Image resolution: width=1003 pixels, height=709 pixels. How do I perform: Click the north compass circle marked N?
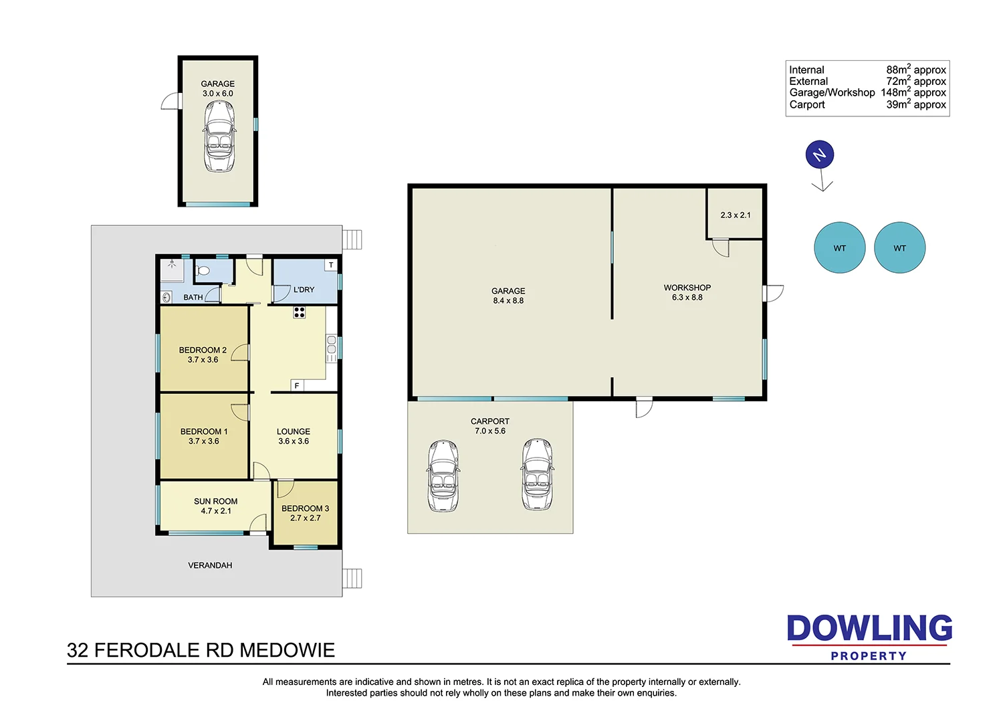[x=819, y=155]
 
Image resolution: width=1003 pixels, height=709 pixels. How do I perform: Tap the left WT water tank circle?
[x=840, y=247]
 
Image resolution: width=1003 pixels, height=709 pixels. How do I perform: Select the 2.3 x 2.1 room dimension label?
[x=736, y=215]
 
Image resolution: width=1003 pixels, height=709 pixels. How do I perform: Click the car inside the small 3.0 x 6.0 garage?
[x=219, y=136]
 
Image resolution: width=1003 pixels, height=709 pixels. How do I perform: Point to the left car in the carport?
[x=443, y=476]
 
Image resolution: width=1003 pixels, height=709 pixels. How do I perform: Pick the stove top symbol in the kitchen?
[x=299, y=312]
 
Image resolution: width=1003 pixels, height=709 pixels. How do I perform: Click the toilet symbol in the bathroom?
[x=203, y=270]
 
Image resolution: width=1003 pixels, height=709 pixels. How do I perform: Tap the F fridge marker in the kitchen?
[x=296, y=386]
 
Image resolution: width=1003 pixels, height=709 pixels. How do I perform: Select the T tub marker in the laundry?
[x=331, y=265]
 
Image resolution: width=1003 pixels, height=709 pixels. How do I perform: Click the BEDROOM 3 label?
[x=305, y=508]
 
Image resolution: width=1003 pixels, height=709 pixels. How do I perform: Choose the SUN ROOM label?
[x=215, y=501]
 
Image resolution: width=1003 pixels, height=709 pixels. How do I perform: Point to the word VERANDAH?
[x=210, y=565]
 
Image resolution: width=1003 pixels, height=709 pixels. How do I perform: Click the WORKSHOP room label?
[x=687, y=288]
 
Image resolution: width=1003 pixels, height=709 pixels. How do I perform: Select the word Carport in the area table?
[x=807, y=105]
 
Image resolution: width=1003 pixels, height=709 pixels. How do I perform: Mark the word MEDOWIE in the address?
[x=287, y=650]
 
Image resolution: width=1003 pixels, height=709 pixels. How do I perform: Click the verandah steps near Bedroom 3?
[x=352, y=578]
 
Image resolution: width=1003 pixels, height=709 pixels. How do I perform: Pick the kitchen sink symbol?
[x=332, y=348]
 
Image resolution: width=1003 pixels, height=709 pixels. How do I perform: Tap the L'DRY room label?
[x=304, y=290]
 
